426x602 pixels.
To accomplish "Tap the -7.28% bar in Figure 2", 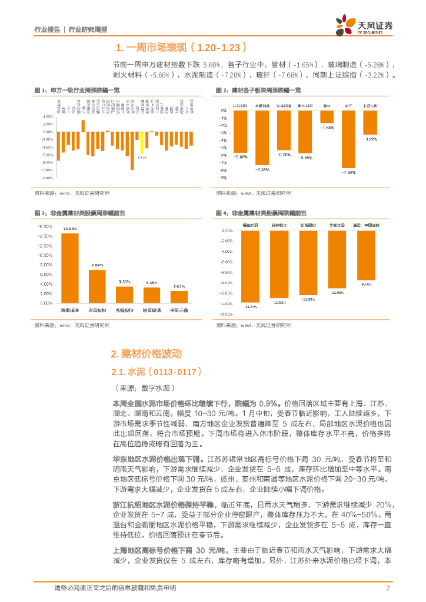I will point(262,138).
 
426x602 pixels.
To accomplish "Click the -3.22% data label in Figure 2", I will point(370,139).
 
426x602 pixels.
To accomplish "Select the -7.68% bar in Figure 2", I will point(348,139).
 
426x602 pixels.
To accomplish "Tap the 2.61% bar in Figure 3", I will point(179,297).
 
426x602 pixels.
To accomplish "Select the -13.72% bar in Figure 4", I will point(251,266).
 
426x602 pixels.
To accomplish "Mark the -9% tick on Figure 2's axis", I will point(224,177).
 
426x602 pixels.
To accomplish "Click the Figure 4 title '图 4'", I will point(221,212).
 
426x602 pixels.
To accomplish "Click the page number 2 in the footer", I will point(388,588).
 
